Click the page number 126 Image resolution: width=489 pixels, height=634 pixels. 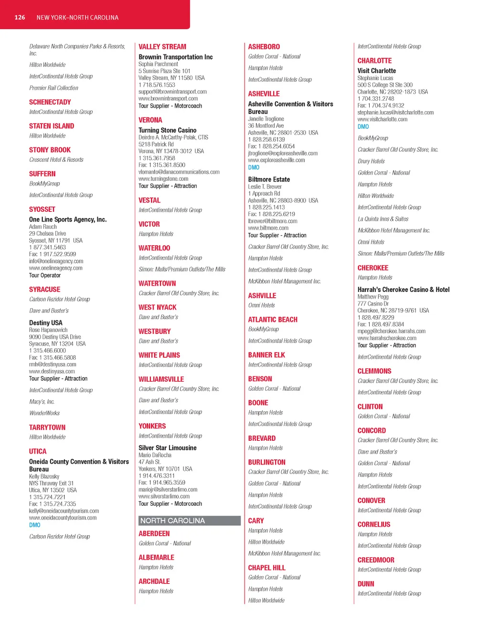click(20, 18)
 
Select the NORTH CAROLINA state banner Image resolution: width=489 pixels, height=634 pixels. click(190, 520)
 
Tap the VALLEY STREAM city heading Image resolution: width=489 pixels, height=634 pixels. click(162, 47)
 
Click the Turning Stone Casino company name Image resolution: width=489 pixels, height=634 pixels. click(167, 130)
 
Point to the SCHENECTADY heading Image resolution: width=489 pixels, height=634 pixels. click(50, 102)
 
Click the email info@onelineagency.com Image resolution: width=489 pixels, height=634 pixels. click(56, 261)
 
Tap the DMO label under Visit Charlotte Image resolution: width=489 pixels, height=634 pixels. click(363, 126)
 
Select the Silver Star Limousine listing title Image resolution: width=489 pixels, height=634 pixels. click(167, 448)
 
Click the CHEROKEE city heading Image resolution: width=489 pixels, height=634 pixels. click(372, 268)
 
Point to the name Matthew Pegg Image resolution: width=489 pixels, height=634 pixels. click(373, 297)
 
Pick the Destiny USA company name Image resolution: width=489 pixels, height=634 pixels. click(45, 323)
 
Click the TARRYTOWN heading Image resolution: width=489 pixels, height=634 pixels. click(47, 427)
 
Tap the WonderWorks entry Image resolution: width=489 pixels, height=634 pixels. click(44, 413)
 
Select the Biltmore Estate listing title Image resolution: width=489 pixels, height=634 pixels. click(269, 179)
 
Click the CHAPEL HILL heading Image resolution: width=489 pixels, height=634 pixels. click(266, 568)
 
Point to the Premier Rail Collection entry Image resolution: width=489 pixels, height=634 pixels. click(53, 88)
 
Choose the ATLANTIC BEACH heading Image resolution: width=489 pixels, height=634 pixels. click(273, 320)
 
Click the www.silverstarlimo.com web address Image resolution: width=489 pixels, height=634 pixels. click(164, 497)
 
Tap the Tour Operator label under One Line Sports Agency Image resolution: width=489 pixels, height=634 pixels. click(45, 275)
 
